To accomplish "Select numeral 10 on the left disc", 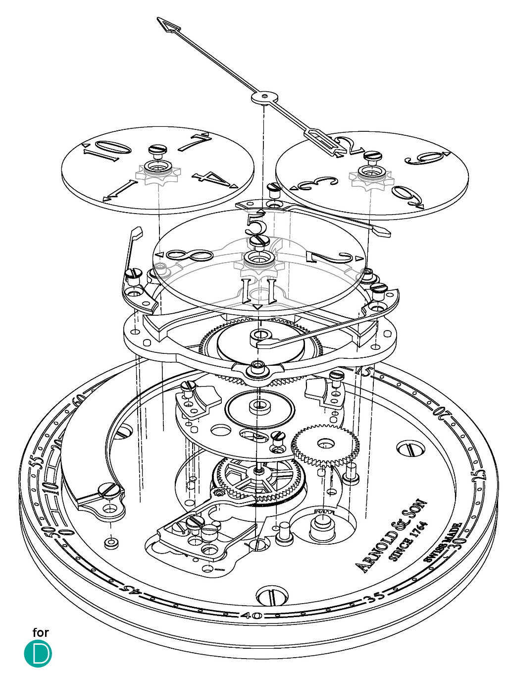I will pyautogui.click(x=102, y=150).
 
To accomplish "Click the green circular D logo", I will pyautogui.click(x=38, y=654).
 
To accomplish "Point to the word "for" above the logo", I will pyautogui.click(x=41, y=632).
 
